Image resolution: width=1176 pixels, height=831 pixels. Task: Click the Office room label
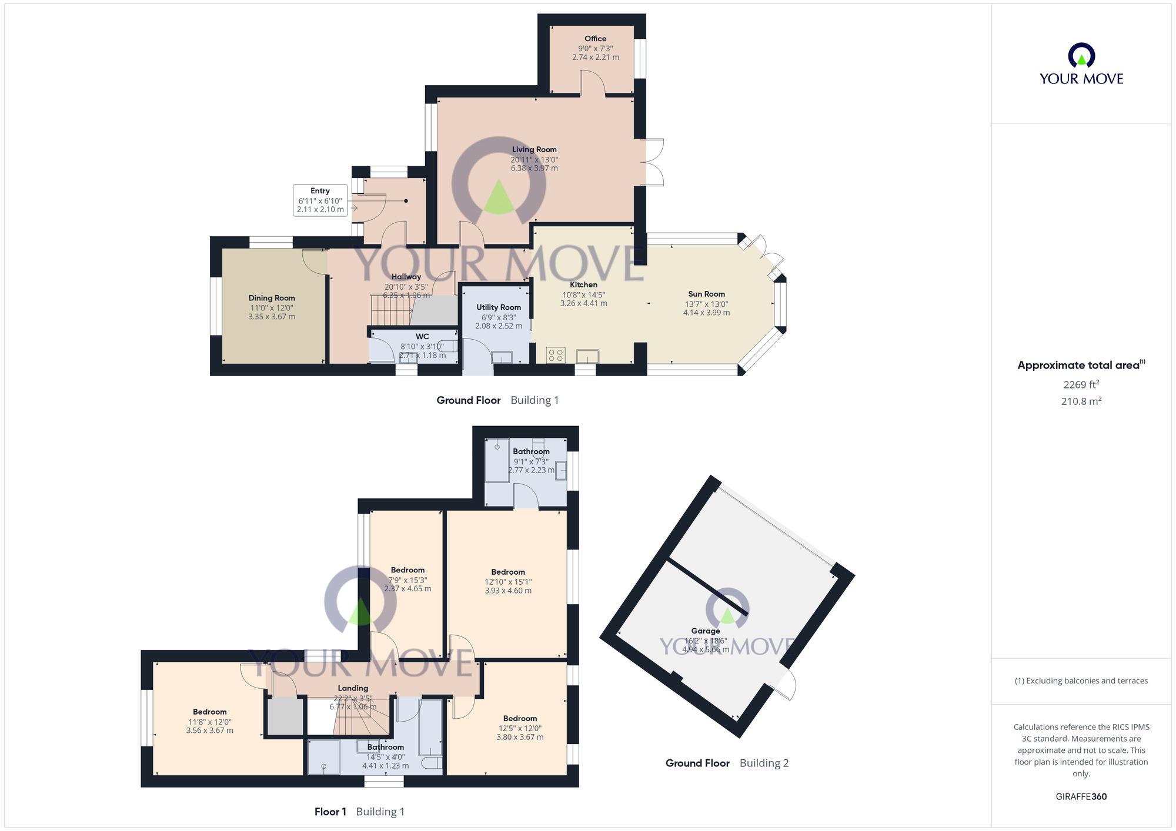click(595, 39)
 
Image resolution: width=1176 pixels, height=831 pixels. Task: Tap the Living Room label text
click(534, 150)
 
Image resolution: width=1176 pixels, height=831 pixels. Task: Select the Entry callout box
click(320, 200)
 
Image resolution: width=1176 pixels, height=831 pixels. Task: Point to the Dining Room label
click(272, 298)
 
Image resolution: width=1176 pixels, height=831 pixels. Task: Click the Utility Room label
click(499, 307)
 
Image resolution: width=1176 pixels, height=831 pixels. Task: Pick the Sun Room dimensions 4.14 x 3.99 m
click(706, 313)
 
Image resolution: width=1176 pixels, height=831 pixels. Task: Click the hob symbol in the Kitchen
click(556, 354)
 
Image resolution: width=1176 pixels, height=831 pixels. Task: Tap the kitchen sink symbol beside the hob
click(587, 356)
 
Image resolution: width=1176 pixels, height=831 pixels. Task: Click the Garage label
click(706, 631)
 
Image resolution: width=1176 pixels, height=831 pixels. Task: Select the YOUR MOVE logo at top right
click(1081, 65)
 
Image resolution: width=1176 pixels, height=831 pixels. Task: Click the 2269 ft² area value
click(1081, 385)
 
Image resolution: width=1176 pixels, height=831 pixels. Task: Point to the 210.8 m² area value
click(1081, 401)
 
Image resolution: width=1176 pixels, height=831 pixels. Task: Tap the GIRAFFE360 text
click(1081, 797)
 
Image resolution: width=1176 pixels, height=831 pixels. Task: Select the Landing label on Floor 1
click(353, 688)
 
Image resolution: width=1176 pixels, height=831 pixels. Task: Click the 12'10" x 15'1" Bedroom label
click(508, 572)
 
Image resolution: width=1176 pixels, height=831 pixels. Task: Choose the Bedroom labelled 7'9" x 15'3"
click(407, 570)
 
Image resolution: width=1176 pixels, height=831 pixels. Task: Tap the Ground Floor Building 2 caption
click(727, 763)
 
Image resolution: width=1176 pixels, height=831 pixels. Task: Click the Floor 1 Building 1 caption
click(359, 812)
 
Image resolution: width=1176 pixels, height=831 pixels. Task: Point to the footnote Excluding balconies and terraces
click(1081, 681)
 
